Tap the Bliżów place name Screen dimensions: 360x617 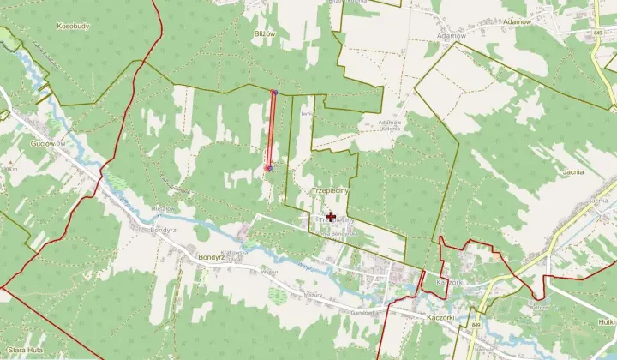pos(265,33)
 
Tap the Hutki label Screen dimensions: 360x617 pos(606,321)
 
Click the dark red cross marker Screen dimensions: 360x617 pos(332,218)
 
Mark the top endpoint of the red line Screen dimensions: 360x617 pos(274,92)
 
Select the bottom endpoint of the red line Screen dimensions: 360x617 pos(269,169)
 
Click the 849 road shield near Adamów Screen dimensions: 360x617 pos(596,33)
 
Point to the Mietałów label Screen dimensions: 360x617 pos(163,208)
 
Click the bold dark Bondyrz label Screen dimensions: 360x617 pos(210,256)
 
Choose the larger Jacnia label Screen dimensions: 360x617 pos(574,171)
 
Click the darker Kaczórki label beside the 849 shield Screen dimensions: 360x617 pos(445,316)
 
